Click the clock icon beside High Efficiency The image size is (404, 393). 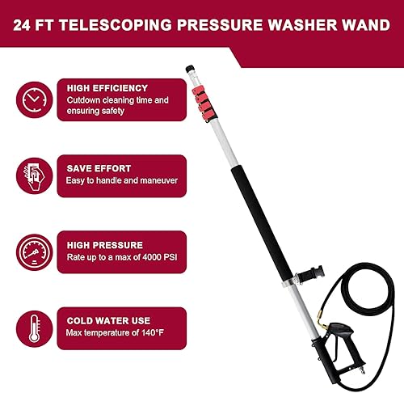click(31, 99)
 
